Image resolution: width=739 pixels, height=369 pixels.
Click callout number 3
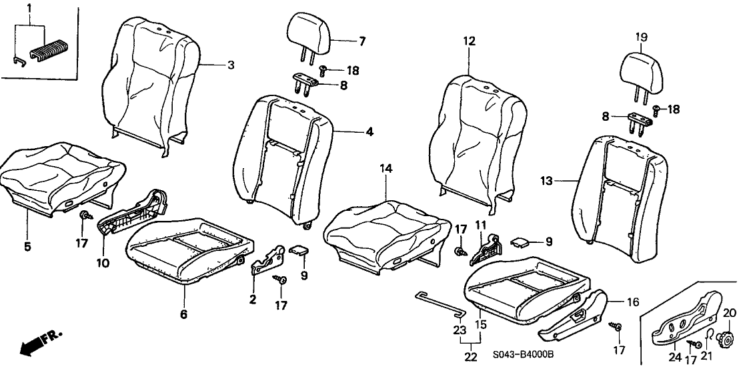tap(231, 65)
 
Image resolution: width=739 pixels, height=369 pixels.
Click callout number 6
tap(184, 314)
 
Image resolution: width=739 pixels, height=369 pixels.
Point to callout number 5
tap(27, 246)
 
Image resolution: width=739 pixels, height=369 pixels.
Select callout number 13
tap(547, 180)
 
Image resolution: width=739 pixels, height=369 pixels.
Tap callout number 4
tap(368, 132)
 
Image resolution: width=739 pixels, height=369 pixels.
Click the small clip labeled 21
tap(708, 334)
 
